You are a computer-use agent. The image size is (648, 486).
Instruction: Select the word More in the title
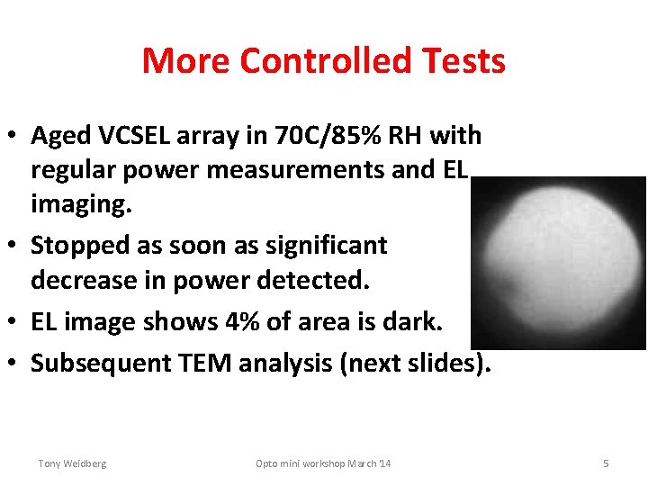[x=186, y=61]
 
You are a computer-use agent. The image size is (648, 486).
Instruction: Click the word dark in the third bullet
[x=396, y=321]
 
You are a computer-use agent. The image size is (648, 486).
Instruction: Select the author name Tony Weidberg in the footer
[x=72, y=463]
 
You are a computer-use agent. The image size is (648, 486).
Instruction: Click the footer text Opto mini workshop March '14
[x=323, y=463]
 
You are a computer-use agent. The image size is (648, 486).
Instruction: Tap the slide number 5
[x=606, y=463]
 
